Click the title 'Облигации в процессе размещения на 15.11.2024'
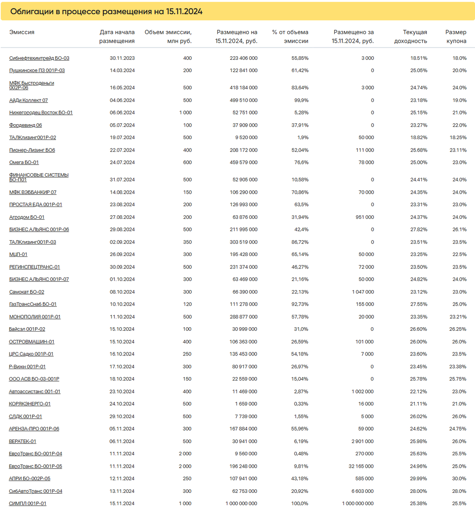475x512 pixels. pos(106,12)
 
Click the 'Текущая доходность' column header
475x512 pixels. pos(410,37)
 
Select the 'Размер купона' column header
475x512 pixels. pos(455,37)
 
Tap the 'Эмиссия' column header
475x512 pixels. pos(22,32)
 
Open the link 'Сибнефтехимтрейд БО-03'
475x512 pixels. pos(39,58)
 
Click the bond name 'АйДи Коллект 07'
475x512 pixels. pos(29,100)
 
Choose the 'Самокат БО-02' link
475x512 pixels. pos(26,292)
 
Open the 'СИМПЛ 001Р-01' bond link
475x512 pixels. pos(28,503)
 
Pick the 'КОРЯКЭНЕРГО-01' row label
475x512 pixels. pos(30,404)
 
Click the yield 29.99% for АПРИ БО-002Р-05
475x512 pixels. pos(418,478)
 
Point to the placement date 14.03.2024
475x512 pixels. pos(122,70)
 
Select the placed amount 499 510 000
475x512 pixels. pos(243,100)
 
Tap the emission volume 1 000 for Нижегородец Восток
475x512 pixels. pos(185,113)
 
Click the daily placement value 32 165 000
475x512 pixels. pos(361,466)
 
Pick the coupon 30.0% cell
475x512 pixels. pos(459,478)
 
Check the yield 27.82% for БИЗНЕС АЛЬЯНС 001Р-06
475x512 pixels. pos(419,230)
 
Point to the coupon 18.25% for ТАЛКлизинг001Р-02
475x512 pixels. pos(458,137)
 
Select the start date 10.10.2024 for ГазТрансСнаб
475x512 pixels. pos(122,304)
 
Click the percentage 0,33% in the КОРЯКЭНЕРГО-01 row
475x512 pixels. pos(301,404)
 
